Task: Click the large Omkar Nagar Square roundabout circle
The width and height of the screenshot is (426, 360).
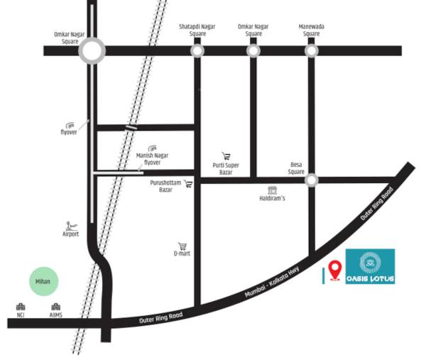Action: (92, 50)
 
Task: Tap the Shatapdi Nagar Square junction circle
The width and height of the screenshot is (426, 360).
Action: (197, 51)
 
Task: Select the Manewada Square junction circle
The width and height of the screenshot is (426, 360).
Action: (311, 51)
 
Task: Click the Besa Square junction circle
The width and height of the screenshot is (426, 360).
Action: (311, 180)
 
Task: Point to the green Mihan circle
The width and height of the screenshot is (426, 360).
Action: (44, 282)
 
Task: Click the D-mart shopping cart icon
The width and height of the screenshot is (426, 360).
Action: (182, 246)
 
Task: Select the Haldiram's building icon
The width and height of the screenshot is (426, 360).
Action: (272, 190)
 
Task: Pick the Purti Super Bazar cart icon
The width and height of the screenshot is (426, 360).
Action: (226, 156)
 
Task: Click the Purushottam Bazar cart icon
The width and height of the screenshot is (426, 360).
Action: (188, 184)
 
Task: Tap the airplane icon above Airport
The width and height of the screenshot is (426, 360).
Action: (70, 224)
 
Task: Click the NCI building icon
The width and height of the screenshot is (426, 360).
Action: (21, 307)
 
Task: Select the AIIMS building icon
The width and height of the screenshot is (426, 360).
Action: (55, 307)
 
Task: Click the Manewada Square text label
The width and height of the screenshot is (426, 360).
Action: (311, 30)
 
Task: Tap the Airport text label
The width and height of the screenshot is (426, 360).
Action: (70, 234)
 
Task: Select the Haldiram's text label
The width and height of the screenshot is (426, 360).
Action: (272, 199)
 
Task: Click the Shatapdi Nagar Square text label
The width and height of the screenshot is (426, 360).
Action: (197, 30)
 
